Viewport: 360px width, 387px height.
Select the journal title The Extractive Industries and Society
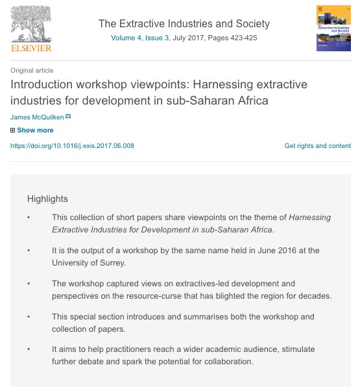click(184, 24)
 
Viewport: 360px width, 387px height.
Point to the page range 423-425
click(244, 38)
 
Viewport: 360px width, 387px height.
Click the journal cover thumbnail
click(333, 28)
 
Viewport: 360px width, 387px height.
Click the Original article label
click(32, 70)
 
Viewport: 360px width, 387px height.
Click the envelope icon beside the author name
click(68, 116)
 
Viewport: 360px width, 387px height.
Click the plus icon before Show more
click(12, 131)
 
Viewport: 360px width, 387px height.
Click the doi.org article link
click(72, 145)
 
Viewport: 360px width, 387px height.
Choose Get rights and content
click(317, 145)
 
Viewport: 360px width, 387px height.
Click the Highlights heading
click(47, 198)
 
